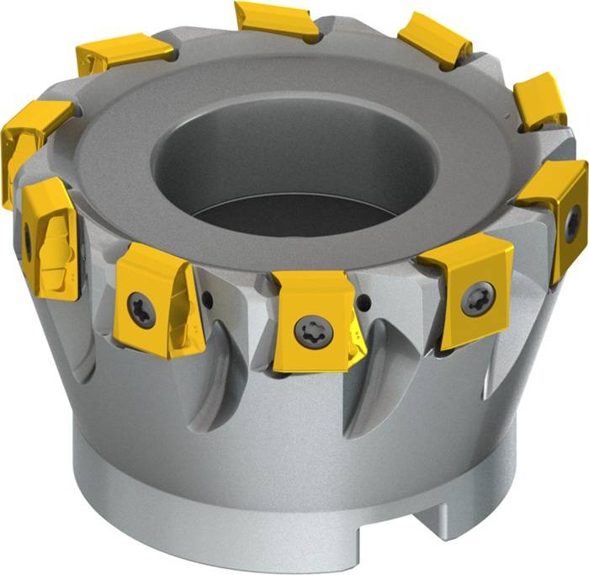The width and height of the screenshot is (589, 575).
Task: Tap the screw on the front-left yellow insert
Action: (x=141, y=310)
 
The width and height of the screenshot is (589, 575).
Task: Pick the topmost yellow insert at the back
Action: (x=276, y=21)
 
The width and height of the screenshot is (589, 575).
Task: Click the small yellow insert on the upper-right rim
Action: (x=539, y=101)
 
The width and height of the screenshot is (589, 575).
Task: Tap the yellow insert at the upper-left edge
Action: (x=29, y=135)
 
